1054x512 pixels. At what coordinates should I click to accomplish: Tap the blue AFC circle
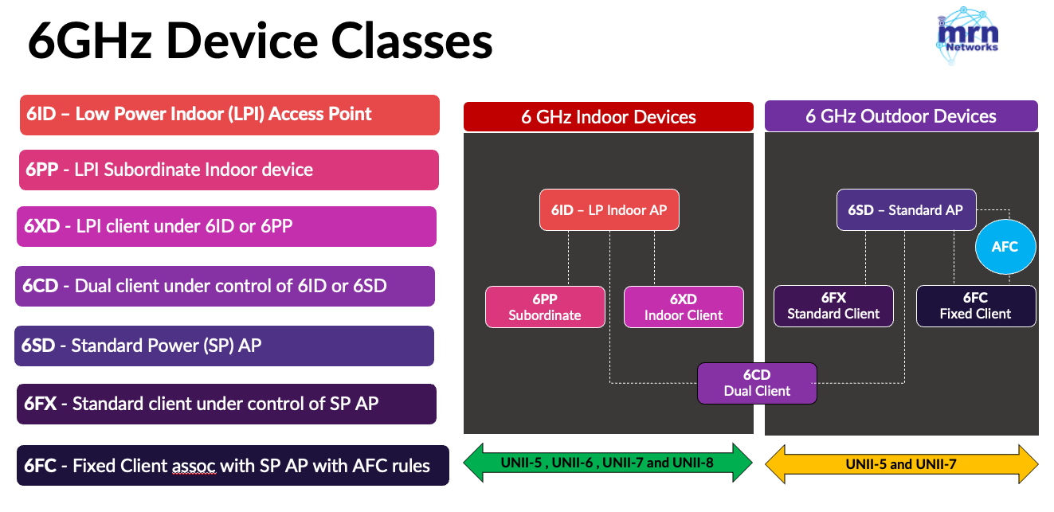(x=1005, y=247)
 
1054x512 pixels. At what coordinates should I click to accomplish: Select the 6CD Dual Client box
(x=757, y=383)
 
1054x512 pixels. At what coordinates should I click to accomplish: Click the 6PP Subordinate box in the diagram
(x=545, y=307)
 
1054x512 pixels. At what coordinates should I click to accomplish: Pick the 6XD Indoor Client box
(x=683, y=307)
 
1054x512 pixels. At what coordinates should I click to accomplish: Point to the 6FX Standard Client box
(x=833, y=306)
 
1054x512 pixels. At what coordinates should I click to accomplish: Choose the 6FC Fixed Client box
(x=975, y=306)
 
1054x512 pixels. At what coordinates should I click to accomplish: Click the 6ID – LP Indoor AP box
(x=609, y=210)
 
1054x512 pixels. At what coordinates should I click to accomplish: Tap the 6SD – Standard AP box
(x=906, y=210)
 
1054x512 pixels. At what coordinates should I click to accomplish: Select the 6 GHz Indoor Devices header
(x=608, y=117)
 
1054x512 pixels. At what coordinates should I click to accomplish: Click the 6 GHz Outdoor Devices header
(x=900, y=116)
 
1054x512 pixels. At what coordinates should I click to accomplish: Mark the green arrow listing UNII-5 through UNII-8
(x=608, y=463)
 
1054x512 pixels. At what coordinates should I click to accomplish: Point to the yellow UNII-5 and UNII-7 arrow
(x=901, y=463)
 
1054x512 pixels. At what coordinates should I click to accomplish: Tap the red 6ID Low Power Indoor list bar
(x=229, y=115)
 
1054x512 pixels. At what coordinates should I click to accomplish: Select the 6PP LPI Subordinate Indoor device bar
(x=229, y=170)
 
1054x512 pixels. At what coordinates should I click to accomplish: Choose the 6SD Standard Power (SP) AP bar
(x=224, y=346)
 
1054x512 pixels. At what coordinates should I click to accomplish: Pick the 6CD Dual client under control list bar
(x=225, y=286)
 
